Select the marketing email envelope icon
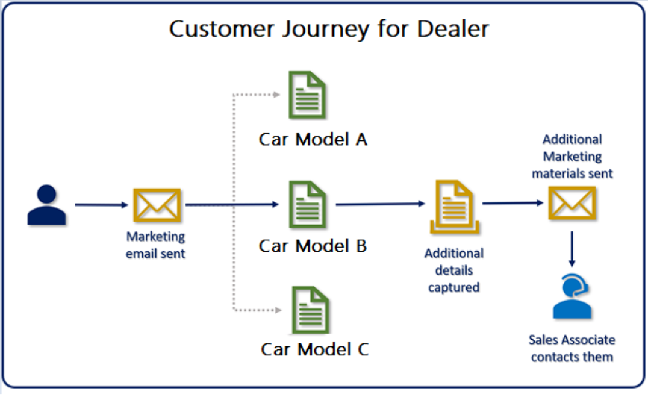[x=157, y=205]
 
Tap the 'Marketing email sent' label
[x=156, y=245]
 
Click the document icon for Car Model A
[x=306, y=94]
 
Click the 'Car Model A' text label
[x=313, y=139]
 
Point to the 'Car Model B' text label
[x=313, y=246]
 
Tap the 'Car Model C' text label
[x=315, y=349]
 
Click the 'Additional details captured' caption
[x=454, y=270]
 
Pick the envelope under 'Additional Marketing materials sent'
[x=572, y=204]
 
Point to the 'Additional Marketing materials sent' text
[x=572, y=156]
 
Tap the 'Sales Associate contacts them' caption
[x=572, y=348]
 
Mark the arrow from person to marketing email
[x=102, y=205]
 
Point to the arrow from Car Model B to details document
[x=380, y=204]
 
